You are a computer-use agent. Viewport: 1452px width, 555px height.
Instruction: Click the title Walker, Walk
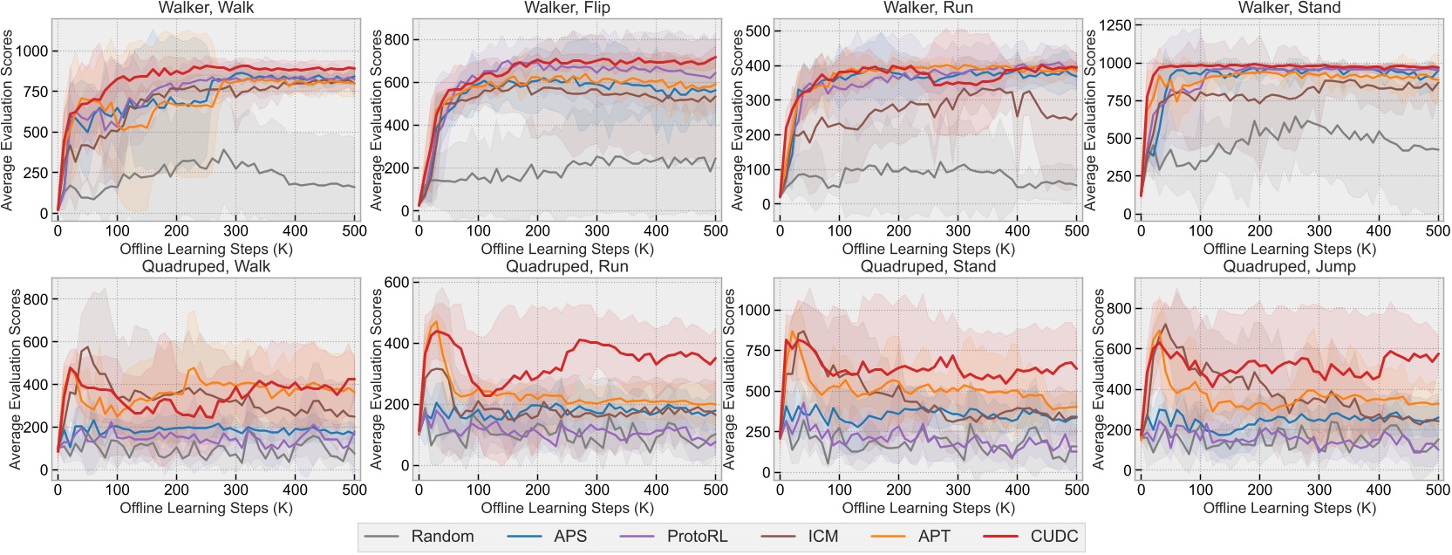206,8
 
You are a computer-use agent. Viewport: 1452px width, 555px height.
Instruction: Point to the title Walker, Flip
567,8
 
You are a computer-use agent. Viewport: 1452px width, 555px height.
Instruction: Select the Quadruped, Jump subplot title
1289,267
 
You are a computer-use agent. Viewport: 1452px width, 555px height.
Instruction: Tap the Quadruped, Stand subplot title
928,267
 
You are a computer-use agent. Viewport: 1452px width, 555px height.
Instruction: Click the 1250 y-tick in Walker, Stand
1114,25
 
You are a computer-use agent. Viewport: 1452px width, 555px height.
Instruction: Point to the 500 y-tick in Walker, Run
759,31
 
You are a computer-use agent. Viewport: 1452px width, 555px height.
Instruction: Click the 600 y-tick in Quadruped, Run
397,282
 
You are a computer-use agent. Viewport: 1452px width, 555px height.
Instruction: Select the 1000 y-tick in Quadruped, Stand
754,310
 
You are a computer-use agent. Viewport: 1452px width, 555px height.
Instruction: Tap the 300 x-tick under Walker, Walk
235,231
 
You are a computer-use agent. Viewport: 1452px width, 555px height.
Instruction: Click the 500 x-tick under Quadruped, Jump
1437,490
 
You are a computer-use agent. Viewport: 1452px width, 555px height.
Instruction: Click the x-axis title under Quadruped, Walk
206,508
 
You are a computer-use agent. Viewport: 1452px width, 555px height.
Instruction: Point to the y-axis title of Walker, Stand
1090,120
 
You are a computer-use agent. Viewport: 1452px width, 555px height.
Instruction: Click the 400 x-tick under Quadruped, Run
656,490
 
